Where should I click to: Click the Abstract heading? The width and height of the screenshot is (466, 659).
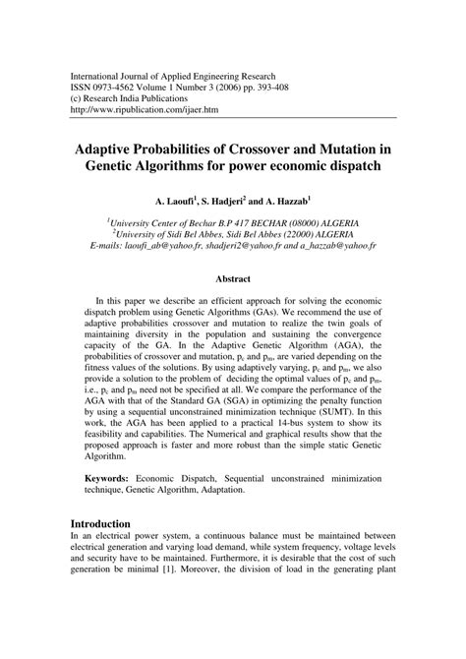tap(233, 278)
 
